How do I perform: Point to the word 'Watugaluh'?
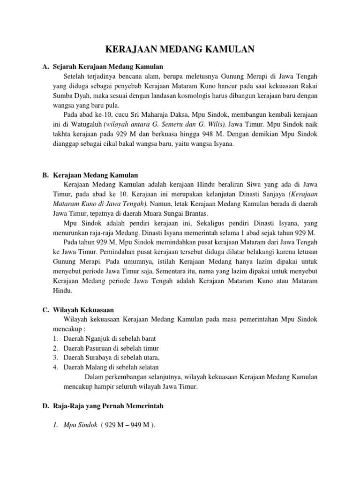click(88, 124)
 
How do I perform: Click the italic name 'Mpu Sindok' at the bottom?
click(80, 425)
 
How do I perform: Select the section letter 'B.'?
click(45, 175)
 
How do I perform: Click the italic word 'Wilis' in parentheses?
click(215, 124)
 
